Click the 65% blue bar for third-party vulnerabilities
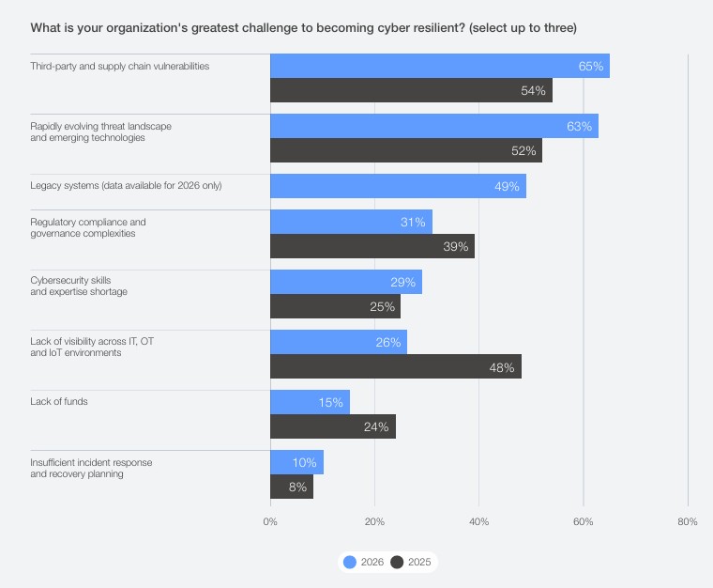(x=439, y=66)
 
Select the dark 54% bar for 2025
(x=411, y=90)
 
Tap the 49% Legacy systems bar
(x=398, y=186)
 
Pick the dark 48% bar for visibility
(x=395, y=366)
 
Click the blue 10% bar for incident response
(x=296, y=462)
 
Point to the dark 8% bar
(x=291, y=487)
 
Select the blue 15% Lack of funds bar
(x=310, y=402)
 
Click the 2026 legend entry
(x=364, y=562)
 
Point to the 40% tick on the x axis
(x=478, y=521)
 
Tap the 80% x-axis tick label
(x=687, y=521)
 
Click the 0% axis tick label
(x=270, y=521)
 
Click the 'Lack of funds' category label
(x=59, y=402)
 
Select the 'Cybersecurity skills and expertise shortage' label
(x=79, y=286)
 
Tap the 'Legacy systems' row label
(x=126, y=186)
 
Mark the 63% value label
(x=579, y=126)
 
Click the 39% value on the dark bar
(x=455, y=246)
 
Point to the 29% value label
(x=402, y=282)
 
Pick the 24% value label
(x=377, y=426)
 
